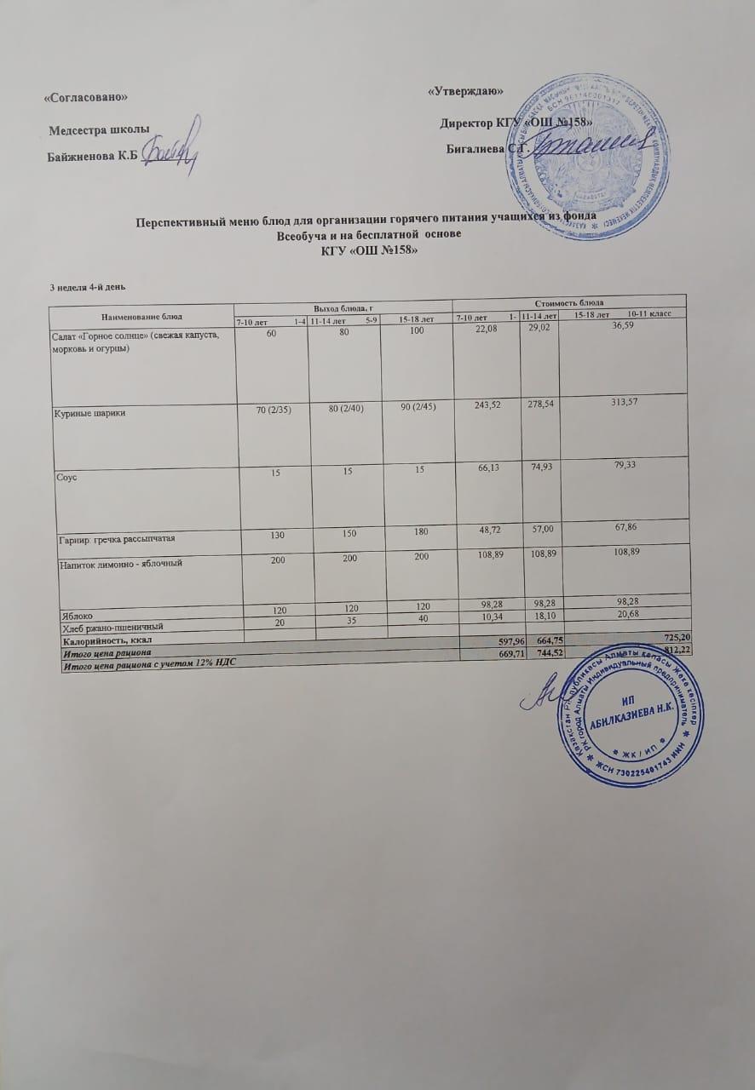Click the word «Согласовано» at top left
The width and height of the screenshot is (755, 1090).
(85, 98)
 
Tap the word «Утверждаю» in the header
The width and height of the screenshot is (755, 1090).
(462, 91)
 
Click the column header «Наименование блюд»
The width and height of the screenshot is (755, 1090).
(141, 316)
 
